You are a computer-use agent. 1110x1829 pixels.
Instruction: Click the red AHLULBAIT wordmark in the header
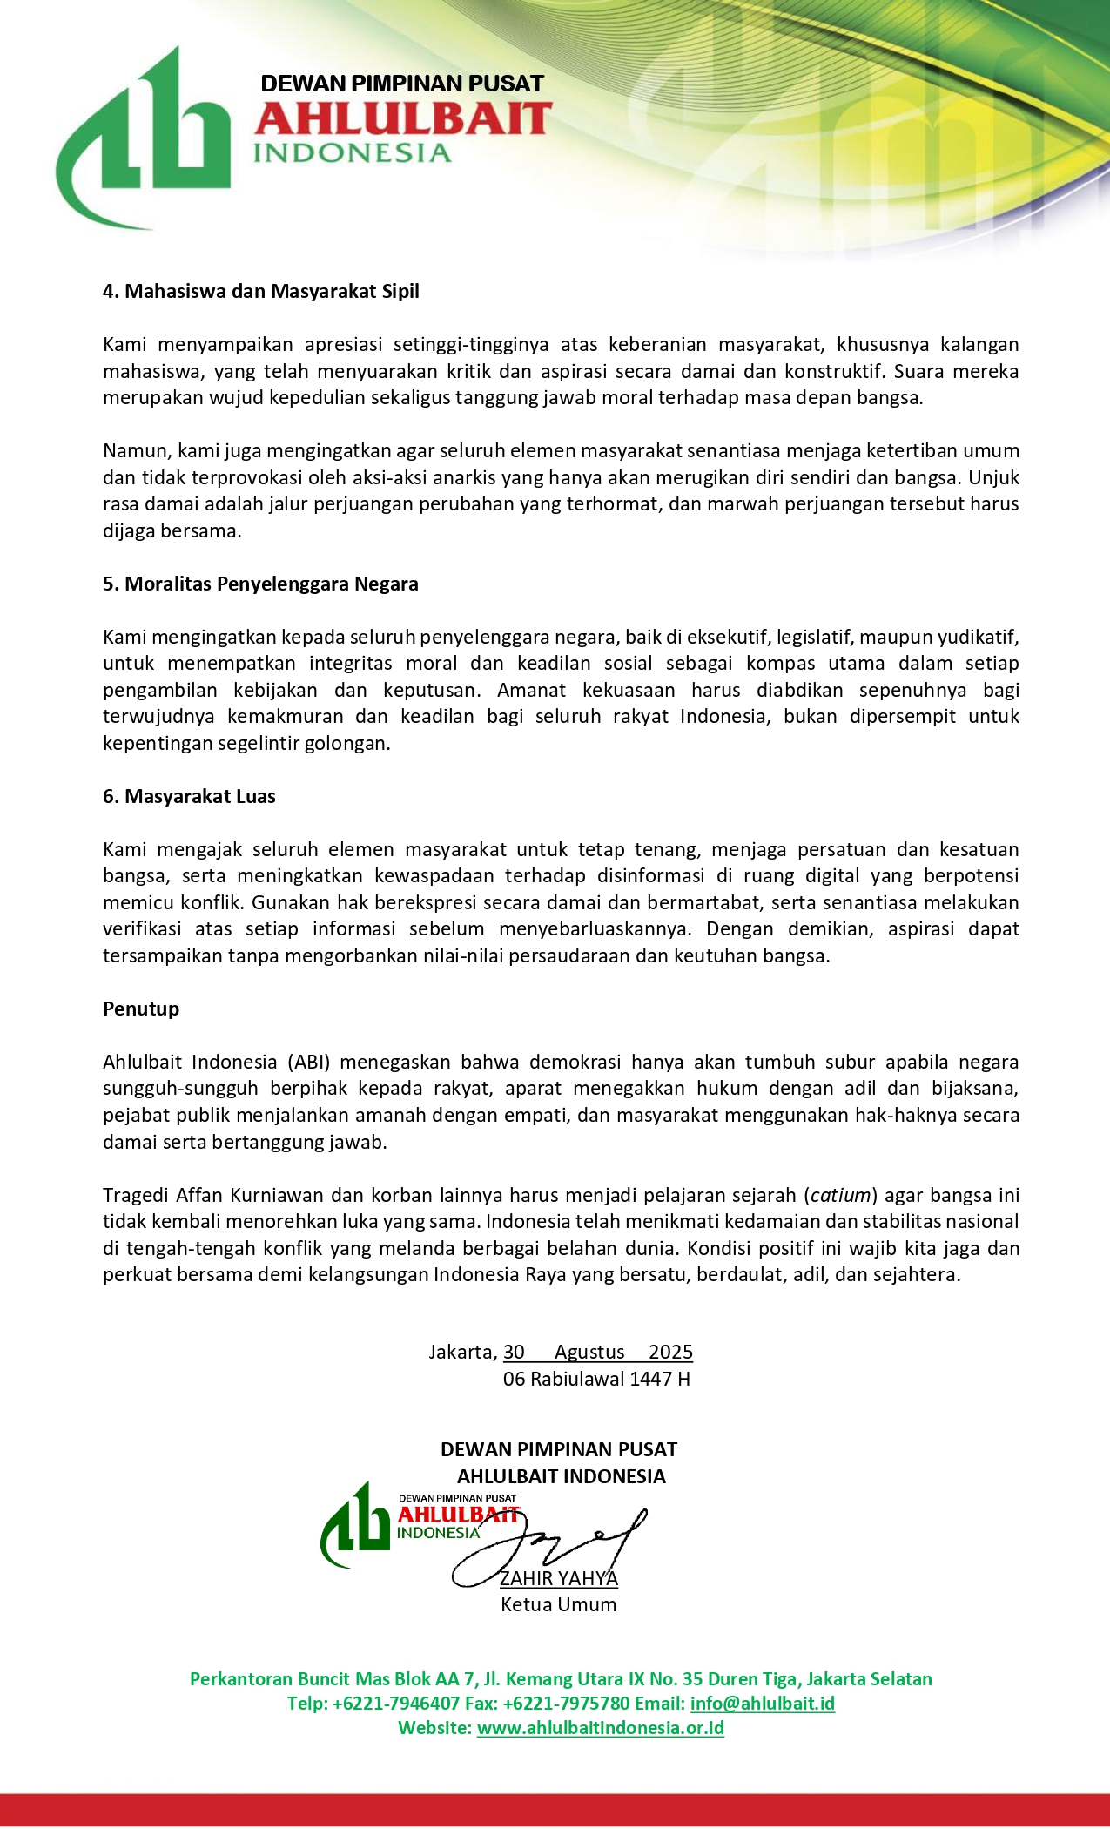403,119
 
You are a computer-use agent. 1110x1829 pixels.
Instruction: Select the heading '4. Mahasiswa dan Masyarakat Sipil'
260,291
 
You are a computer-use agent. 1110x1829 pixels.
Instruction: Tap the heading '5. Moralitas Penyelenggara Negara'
260,584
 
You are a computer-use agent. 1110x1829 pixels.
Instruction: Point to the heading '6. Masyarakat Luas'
189,796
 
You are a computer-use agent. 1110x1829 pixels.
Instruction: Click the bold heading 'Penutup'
141,1009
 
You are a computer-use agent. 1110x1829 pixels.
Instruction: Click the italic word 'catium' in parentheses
840,1195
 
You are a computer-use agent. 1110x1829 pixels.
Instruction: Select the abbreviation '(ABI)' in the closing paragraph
309,1062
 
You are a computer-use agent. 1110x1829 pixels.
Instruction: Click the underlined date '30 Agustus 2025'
598,1352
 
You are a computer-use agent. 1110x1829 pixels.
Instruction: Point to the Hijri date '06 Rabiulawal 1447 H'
596,1379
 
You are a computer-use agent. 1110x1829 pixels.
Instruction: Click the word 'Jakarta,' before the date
462,1352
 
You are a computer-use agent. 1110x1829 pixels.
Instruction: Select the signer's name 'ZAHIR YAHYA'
558,1578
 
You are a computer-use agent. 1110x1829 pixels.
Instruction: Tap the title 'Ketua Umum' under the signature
558,1604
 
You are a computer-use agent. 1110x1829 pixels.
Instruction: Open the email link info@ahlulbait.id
762,1703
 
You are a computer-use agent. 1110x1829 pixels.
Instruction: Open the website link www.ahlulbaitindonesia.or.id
600,1727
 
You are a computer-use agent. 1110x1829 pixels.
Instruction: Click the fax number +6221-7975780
566,1703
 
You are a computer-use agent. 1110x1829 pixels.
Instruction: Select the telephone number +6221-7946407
396,1703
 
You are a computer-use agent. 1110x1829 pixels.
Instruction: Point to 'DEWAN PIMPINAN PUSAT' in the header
402,84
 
